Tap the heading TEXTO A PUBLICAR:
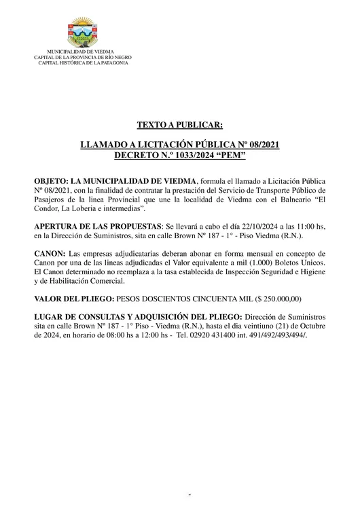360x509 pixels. pyautogui.click(x=179, y=125)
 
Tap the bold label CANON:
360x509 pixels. pyautogui.click(x=50, y=252)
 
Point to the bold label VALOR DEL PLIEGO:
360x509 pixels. pyautogui.click(x=74, y=297)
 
